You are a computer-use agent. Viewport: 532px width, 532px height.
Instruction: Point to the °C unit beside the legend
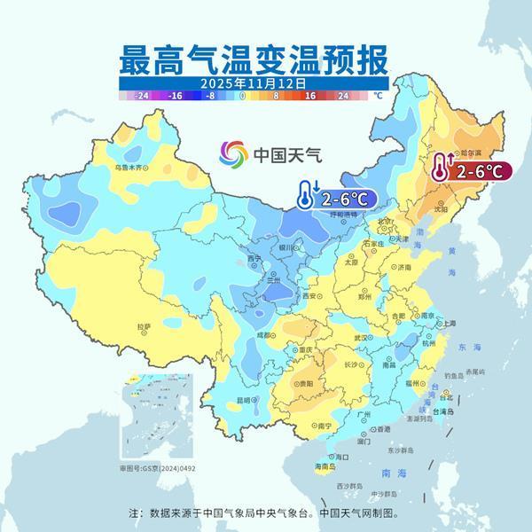377,93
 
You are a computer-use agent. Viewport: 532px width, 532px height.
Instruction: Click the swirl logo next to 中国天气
234,153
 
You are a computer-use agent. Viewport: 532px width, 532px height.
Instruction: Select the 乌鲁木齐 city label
129,167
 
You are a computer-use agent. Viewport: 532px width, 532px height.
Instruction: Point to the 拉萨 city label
144,327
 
